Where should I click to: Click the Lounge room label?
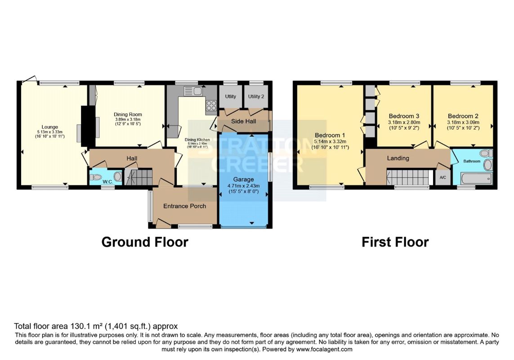coord(49,127)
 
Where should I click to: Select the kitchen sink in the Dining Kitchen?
coord(193,91)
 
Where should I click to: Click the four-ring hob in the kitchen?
coord(211,105)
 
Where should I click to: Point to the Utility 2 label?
coord(256,96)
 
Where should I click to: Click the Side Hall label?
coord(243,121)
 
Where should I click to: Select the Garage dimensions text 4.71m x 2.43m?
coord(243,186)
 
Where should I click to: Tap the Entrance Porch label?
coord(184,206)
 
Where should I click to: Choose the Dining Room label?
coord(127,114)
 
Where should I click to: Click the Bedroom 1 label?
coord(330,135)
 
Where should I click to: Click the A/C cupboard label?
coord(442,178)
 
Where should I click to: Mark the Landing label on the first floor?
coord(398,158)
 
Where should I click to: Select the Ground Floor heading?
coord(144,242)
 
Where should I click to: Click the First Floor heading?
coord(395,242)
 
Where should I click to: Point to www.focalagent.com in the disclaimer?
coord(324,349)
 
